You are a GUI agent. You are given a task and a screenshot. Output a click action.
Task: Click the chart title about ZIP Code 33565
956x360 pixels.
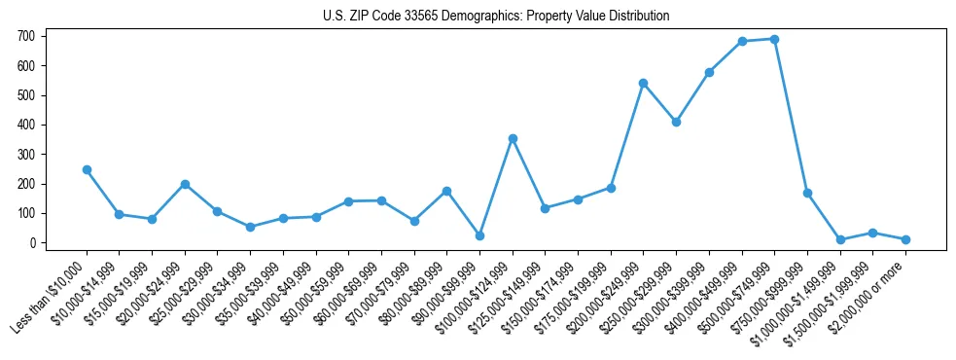[x=496, y=16]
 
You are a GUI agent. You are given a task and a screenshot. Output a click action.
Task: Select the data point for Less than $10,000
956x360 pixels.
[x=87, y=169]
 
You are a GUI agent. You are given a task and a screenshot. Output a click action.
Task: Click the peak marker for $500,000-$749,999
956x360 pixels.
[x=774, y=39]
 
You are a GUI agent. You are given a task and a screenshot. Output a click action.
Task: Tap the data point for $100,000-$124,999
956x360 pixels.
[x=513, y=138]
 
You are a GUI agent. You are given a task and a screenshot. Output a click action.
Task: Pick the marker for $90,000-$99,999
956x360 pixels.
[x=479, y=235]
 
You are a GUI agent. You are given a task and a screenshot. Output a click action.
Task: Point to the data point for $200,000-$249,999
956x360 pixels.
[x=643, y=83]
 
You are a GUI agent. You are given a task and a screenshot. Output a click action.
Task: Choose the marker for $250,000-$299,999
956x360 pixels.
[x=676, y=122]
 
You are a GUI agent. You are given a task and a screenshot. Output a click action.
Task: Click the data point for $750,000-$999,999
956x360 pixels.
[x=807, y=193]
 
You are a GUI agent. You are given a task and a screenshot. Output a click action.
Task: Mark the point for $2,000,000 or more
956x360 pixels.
[x=905, y=239]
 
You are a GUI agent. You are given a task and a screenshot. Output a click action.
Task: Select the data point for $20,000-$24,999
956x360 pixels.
[x=185, y=184]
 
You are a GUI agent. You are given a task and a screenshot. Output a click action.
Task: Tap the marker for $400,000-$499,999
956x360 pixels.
[x=742, y=41]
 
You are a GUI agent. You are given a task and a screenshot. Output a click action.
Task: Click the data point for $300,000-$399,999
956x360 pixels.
[x=709, y=72]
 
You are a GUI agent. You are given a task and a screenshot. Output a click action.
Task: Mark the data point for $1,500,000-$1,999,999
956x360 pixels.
[x=872, y=233]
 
